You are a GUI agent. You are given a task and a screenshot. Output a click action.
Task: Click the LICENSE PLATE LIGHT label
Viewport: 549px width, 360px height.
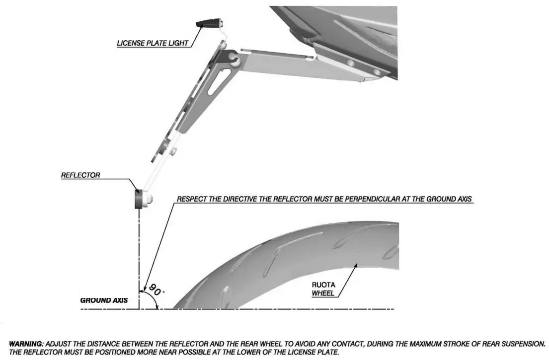[153, 43]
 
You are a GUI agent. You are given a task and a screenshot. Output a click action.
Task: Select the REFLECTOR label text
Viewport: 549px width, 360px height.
[80, 175]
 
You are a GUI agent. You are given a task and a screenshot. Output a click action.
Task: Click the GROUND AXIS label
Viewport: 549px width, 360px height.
[104, 300]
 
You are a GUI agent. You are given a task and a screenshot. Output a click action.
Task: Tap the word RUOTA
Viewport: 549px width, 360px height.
[322, 286]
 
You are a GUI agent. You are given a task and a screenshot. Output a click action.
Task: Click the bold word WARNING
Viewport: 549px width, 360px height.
[26, 343]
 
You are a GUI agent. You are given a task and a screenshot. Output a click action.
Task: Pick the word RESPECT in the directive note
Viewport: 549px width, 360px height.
[191, 200]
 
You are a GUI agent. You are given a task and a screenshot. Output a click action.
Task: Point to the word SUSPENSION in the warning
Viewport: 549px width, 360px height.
[522, 343]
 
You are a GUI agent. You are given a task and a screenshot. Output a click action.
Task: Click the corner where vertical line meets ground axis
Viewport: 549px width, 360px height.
[140, 309]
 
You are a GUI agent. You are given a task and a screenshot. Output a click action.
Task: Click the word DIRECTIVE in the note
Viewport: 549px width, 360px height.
[235, 200]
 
